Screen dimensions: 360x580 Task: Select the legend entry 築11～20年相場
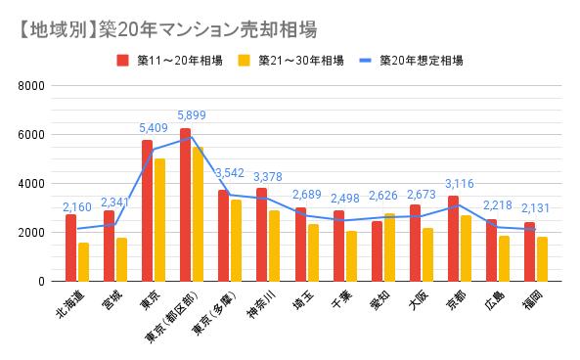(x=171, y=60)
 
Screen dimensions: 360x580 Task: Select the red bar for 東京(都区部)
(x=186, y=204)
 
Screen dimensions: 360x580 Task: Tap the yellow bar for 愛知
(x=389, y=247)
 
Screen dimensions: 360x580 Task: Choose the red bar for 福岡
(x=529, y=251)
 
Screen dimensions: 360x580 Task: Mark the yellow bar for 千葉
(x=351, y=255)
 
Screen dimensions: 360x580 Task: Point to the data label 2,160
(x=77, y=207)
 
